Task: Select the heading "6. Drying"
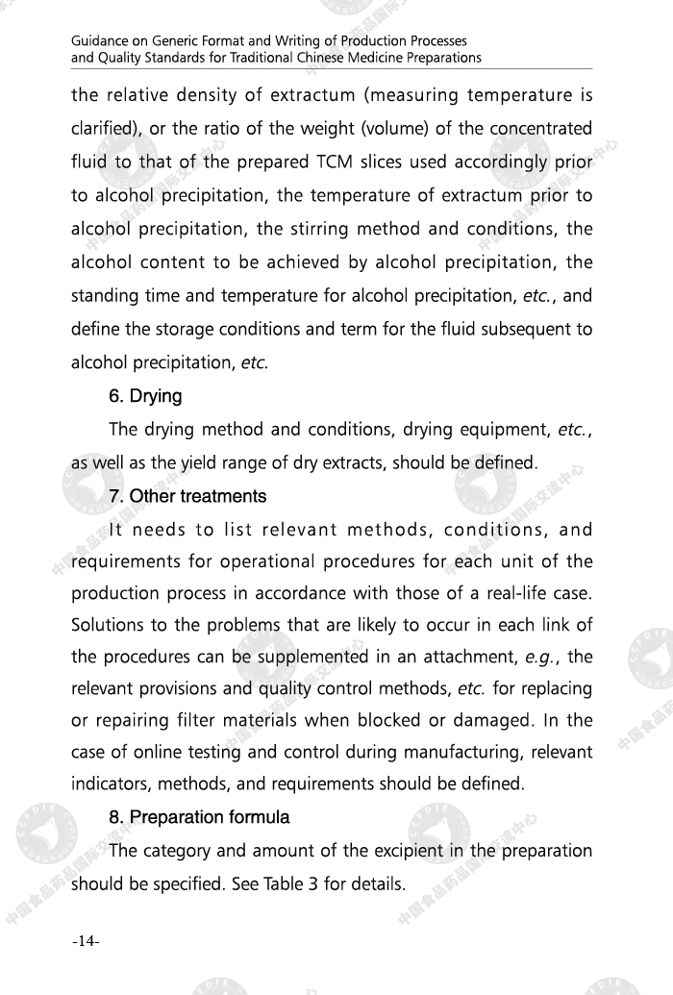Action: (x=145, y=396)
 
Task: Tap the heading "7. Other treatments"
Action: (x=187, y=496)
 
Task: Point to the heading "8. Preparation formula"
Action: (x=199, y=817)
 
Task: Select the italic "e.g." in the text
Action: (x=542, y=658)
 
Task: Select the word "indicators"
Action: (x=109, y=784)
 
